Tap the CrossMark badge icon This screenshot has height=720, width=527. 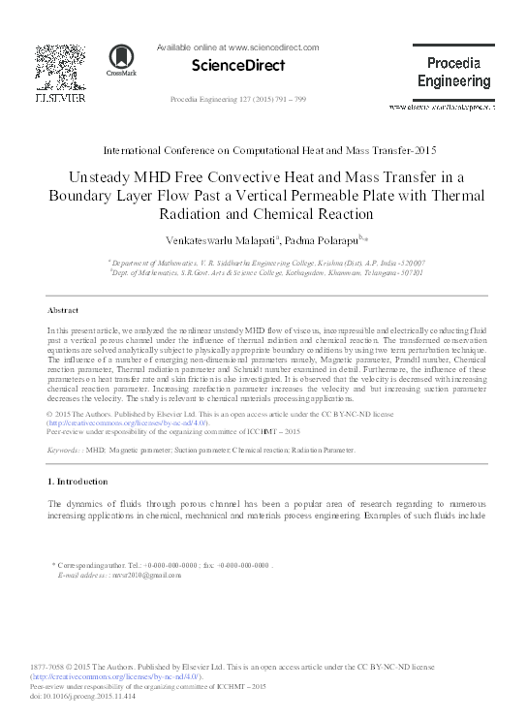pos(121,61)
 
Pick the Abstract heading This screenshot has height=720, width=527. pos(63,310)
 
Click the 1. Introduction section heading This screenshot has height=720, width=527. pos(78,482)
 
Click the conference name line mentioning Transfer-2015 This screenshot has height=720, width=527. pos(263,150)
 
